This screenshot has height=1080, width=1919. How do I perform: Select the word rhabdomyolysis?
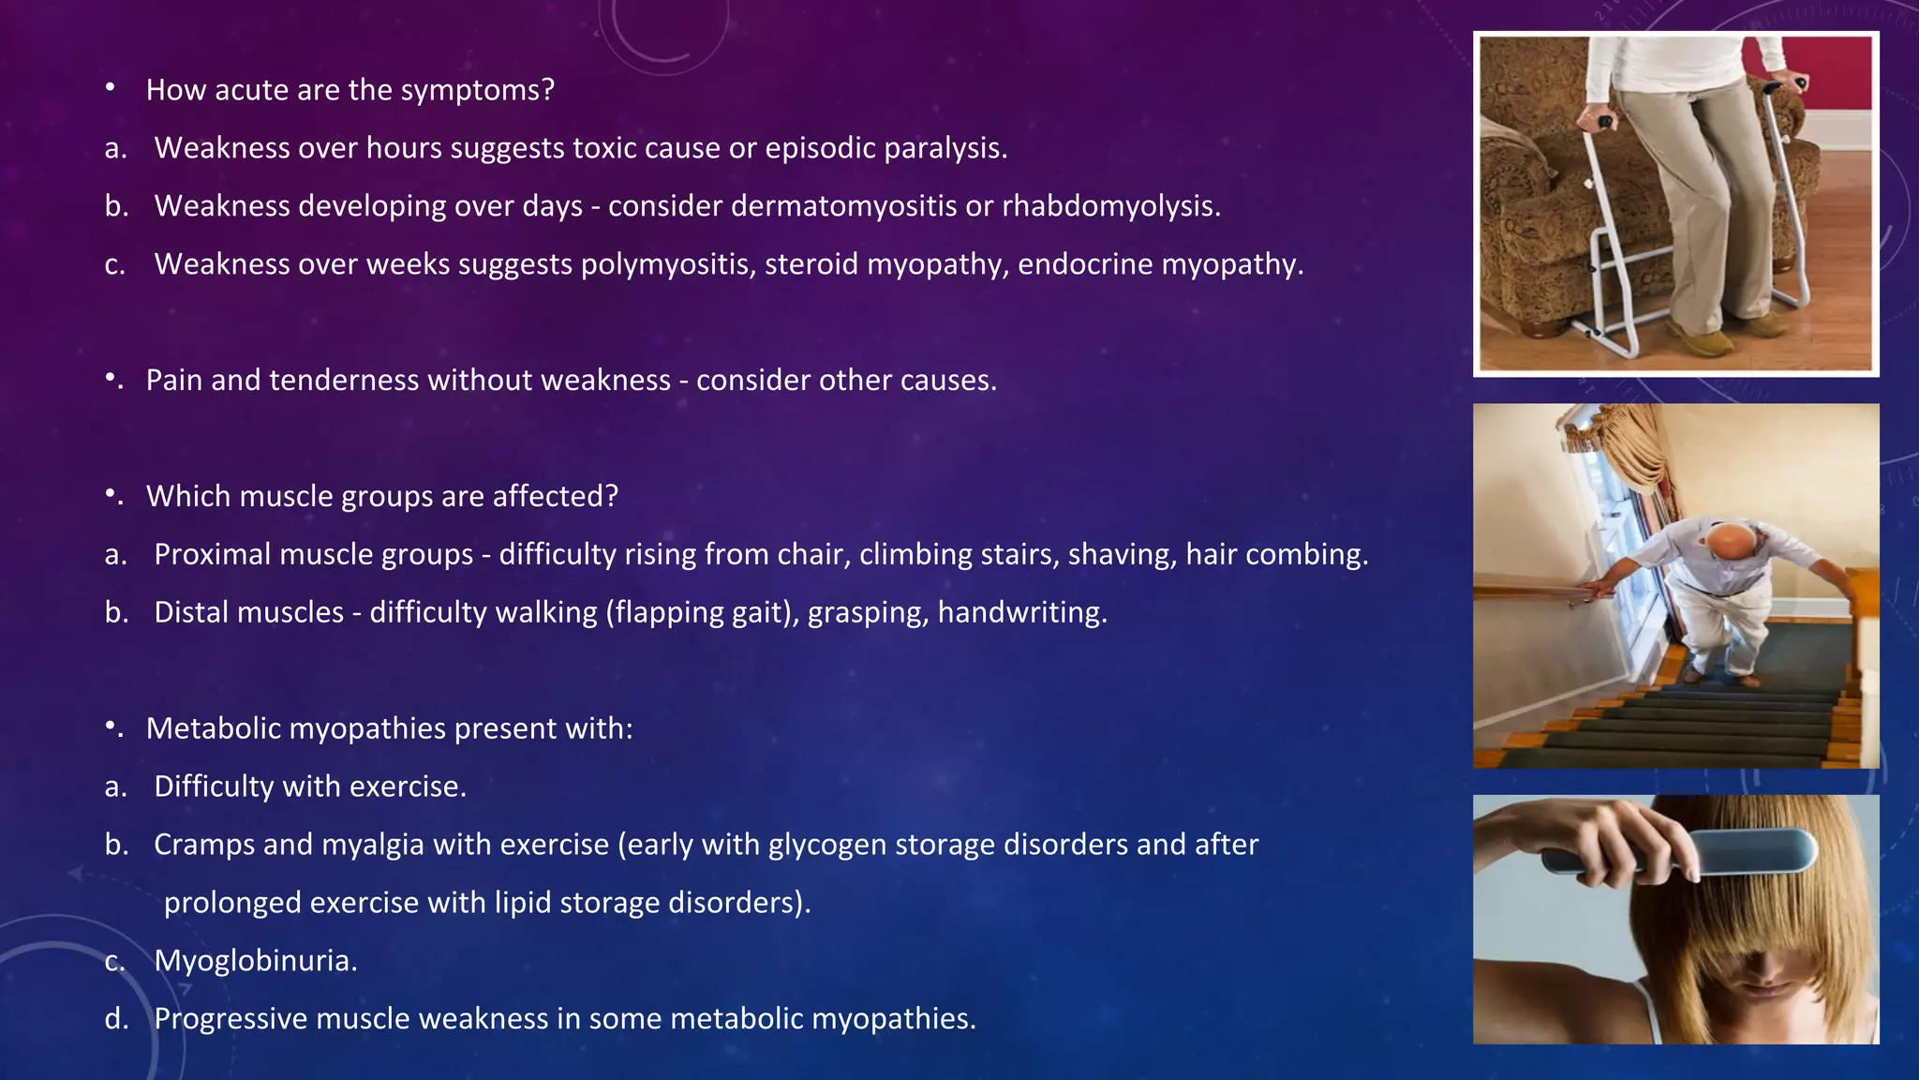[x=1110, y=206]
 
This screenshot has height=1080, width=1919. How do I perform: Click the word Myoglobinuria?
[x=255, y=961]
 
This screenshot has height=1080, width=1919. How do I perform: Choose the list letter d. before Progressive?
[x=116, y=1019]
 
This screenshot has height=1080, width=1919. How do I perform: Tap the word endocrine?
[x=1084, y=264]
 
